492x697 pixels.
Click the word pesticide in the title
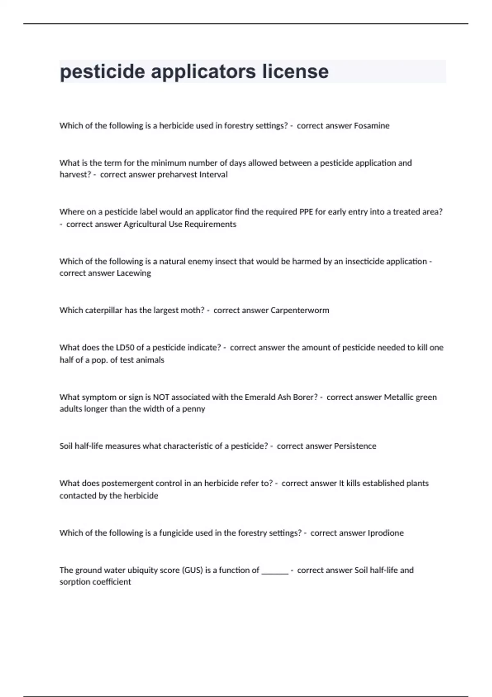click(102, 71)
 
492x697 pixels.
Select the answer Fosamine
click(371, 126)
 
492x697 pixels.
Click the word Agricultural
click(145, 224)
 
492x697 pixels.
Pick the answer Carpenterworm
click(300, 310)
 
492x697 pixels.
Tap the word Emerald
click(261, 397)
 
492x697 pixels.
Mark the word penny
click(194, 409)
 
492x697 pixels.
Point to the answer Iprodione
click(385, 533)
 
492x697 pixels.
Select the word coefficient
click(111, 582)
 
